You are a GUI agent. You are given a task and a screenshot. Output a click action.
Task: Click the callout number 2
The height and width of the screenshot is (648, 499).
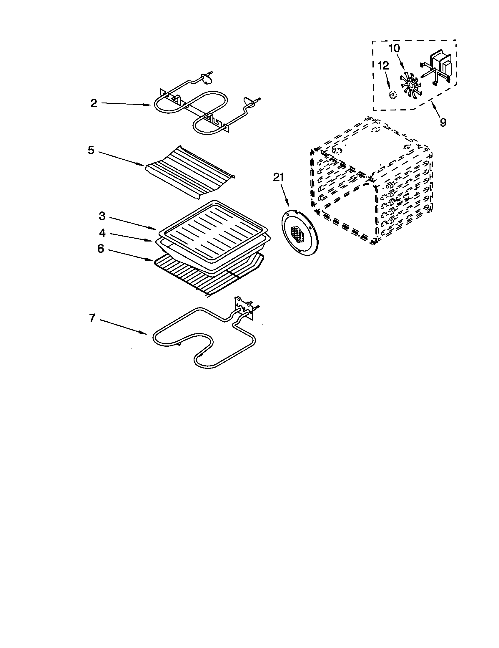[94, 103]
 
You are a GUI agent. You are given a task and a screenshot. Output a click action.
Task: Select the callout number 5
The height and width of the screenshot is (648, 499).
[91, 150]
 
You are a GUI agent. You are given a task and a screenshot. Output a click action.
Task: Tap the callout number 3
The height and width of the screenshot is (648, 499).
[102, 216]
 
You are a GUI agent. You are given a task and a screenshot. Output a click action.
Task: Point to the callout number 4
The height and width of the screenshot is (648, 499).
[102, 233]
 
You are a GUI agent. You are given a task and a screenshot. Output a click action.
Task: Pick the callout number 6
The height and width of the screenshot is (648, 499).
[101, 249]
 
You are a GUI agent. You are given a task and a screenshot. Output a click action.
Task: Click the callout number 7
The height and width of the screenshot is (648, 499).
[92, 318]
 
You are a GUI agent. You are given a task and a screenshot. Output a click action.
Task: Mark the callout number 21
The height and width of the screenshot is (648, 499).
[278, 177]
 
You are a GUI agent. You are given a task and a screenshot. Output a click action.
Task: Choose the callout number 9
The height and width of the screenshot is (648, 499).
[443, 122]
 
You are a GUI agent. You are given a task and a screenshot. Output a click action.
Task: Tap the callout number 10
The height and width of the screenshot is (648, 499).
[394, 48]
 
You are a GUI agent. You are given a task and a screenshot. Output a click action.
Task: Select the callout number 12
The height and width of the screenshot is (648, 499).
[383, 66]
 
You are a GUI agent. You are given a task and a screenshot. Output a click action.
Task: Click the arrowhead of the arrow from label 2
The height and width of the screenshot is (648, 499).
[151, 105]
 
